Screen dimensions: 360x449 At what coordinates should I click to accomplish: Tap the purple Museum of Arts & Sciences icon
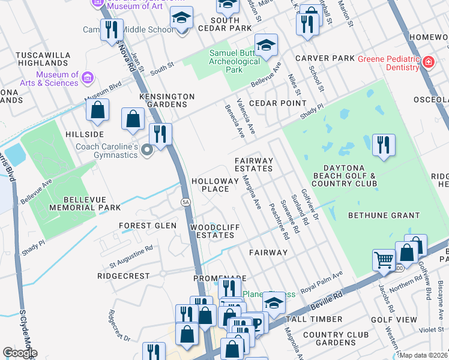(x=88, y=78)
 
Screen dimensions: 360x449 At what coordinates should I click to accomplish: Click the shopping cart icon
(x=384, y=260)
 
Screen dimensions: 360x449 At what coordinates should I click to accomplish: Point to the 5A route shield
(x=185, y=202)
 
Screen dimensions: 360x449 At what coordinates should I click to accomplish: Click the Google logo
(x=20, y=353)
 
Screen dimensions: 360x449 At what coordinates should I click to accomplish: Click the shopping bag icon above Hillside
(x=97, y=110)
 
